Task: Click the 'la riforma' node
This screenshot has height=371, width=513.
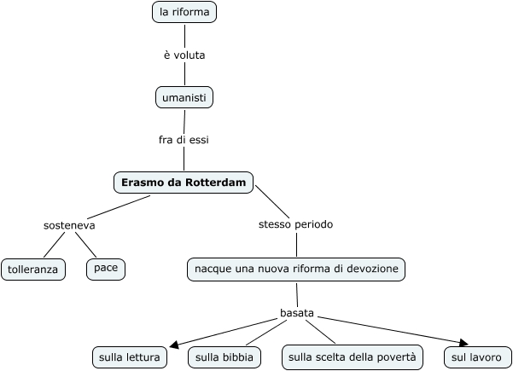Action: pyautogui.click(x=184, y=12)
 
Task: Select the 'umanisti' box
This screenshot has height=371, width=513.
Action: pyautogui.click(x=184, y=98)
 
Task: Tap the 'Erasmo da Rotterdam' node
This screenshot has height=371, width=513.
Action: pyautogui.click(x=184, y=183)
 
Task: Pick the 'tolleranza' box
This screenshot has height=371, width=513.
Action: pyautogui.click(x=33, y=270)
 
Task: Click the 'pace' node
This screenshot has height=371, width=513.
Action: pyautogui.click(x=106, y=269)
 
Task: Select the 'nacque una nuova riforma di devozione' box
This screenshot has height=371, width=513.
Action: pyautogui.click(x=296, y=270)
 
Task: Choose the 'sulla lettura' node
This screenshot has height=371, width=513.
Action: pyautogui.click(x=129, y=357)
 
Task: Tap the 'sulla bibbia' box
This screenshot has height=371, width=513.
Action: pyautogui.click(x=224, y=357)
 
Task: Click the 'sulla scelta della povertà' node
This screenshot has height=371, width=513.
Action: pyautogui.click(x=352, y=357)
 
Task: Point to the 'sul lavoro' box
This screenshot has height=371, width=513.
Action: pyautogui.click(x=477, y=357)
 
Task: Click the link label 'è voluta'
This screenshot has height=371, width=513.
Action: pyautogui.click(x=184, y=55)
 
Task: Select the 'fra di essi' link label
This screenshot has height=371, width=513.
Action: pyautogui.click(x=184, y=140)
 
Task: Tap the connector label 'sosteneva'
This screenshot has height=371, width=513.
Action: pyautogui.click(x=69, y=226)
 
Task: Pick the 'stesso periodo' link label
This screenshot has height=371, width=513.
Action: pyautogui.click(x=295, y=225)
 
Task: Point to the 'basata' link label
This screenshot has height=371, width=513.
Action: pyautogui.click(x=297, y=313)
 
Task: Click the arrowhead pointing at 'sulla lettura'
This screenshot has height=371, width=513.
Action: pyautogui.click(x=173, y=345)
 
